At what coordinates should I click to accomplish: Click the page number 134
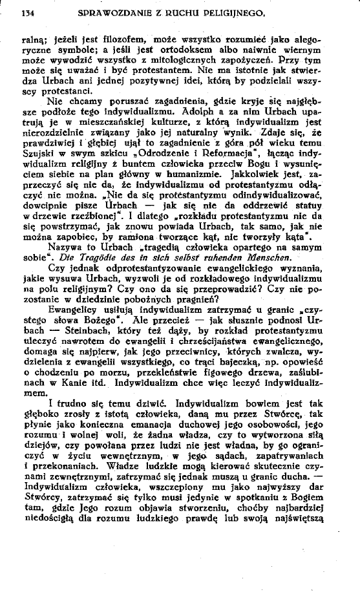[x=27, y=12]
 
